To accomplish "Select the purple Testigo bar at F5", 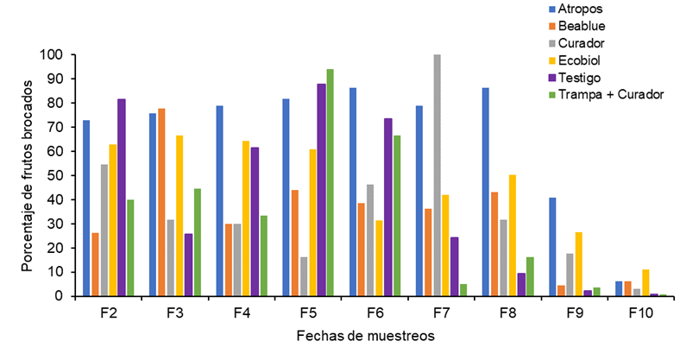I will [321, 190].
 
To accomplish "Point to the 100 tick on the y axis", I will [53, 54].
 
